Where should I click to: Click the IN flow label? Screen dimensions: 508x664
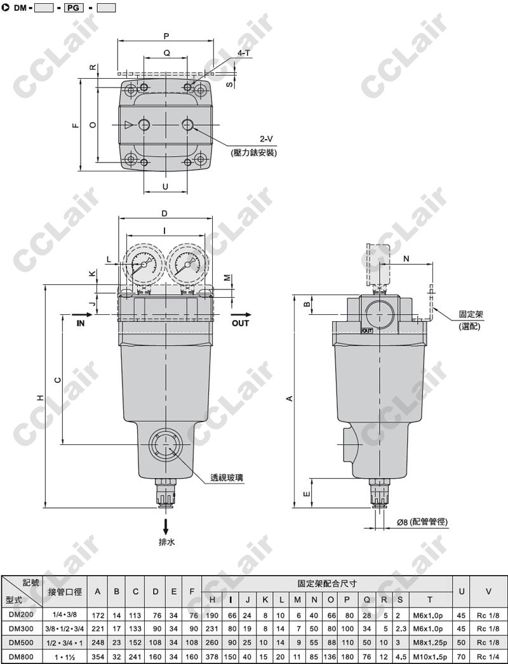click(x=81, y=323)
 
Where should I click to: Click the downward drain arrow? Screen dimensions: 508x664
click(x=166, y=526)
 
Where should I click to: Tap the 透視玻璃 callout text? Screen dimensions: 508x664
click(x=227, y=478)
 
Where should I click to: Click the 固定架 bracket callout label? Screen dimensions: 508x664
click(x=471, y=315)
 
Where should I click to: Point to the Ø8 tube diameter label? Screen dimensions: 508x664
click(x=422, y=522)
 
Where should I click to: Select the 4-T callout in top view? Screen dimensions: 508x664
click(x=244, y=53)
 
